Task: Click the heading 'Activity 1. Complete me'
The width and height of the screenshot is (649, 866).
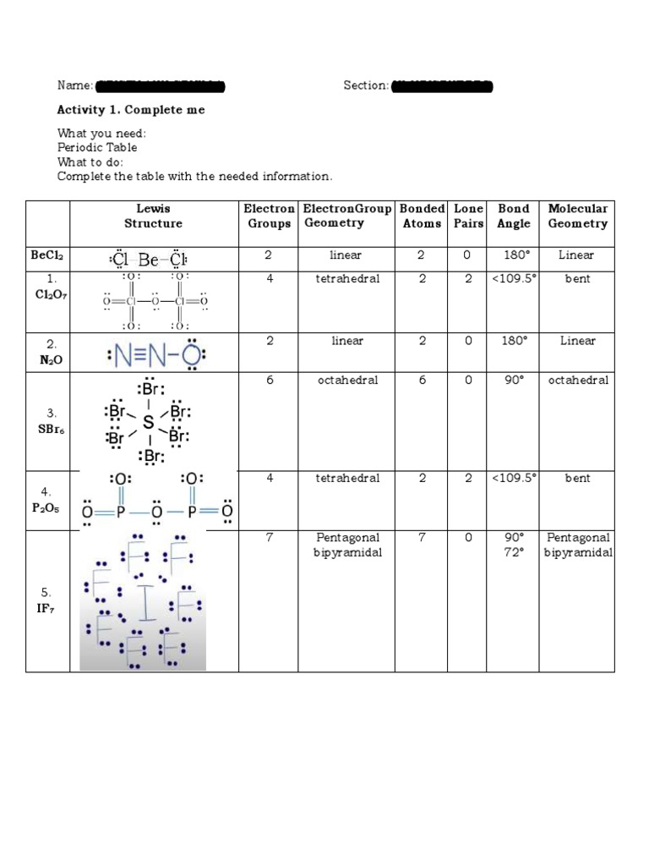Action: click(130, 110)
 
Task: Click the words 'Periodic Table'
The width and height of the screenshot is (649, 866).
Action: click(97, 147)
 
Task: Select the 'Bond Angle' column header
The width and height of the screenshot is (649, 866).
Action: click(513, 216)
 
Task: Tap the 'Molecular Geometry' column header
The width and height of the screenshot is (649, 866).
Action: click(577, 216)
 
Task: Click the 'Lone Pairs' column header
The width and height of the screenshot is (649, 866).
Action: click(468, 216)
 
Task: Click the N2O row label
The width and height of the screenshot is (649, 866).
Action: click(48, 352)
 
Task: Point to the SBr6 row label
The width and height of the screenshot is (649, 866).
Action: click(48, 421)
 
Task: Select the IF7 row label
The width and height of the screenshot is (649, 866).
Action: click(48, 600)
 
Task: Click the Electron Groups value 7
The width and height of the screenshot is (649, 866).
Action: click(269, 538)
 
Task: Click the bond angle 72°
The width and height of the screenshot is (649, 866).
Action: click(513, 552)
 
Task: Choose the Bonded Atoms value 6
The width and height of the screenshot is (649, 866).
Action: click(422, 381)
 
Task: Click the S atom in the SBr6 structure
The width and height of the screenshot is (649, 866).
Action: click(149, 420)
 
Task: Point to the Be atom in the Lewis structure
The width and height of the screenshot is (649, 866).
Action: click(150, 260)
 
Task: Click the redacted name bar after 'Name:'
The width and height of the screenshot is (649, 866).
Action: click(161, 85)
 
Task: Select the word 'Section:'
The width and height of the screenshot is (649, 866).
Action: click(366, 85)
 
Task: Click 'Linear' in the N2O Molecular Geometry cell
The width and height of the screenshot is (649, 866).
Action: click(577, 341)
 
